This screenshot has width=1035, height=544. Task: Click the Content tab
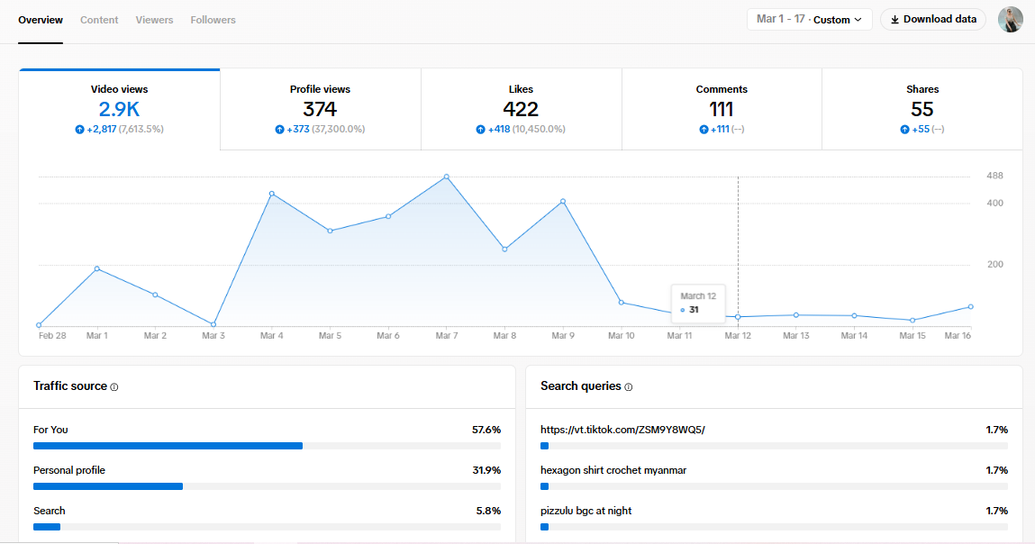[99, 20]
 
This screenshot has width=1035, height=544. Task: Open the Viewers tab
[154, 20]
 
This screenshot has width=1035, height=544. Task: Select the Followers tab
[213, 20]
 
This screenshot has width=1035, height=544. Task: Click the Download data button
[933, 20]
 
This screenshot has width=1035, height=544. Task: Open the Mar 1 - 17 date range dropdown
[809, 20]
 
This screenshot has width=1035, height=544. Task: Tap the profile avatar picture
[1011, 20]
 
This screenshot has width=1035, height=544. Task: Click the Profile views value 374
[320, 110]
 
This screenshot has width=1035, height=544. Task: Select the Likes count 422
[521, 110]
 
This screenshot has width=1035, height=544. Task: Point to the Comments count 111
[722, 110]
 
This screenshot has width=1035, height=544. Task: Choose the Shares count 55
[922, 110]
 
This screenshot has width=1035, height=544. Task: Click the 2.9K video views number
[119, 110]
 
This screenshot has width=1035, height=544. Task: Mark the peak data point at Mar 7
[446, 177]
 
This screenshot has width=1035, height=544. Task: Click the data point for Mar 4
[271, 194]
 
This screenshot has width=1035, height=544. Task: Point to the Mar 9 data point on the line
[563, 202]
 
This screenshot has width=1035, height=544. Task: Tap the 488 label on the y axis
[994, 176]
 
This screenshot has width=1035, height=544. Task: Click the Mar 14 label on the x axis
[853, 336]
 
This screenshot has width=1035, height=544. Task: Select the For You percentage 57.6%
[486, 430]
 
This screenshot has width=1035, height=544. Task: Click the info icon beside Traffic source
[114, 387]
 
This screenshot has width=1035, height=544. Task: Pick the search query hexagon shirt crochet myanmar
[613, 470]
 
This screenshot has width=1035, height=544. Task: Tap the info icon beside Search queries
[629, 387]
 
